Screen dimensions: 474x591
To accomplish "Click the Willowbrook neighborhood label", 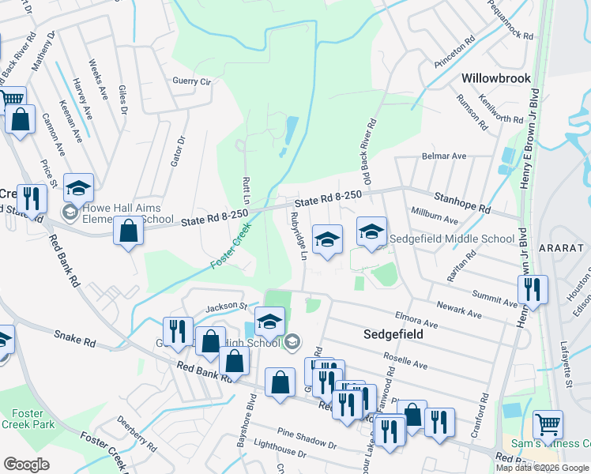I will [x=496, y=79].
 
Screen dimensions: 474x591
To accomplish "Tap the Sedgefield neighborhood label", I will [x=393, y=334].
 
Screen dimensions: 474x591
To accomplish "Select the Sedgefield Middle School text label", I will [x=453, y=239].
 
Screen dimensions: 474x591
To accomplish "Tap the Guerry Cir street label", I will [x=193, y=81].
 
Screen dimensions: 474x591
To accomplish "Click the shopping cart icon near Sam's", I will [x=548, y=424].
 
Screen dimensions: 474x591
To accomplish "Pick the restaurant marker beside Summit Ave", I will [x=536, y=289].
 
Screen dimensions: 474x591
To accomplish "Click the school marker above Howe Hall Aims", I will [x=78, y=188].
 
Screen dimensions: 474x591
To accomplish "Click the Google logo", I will [x=26, y=465].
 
